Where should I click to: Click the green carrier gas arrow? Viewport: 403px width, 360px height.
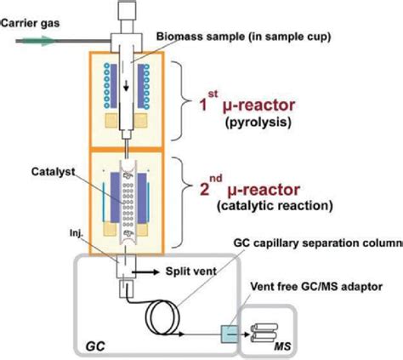click(39, 41)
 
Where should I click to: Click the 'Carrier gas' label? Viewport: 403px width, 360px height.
click(31, 23)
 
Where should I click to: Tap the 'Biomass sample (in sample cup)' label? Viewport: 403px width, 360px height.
click(244, 37)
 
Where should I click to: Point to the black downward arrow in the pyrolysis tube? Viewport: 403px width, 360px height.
click(127, 86)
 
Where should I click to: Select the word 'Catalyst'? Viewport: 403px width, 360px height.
click(53, 171)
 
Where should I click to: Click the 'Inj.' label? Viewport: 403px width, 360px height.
click(76, 233)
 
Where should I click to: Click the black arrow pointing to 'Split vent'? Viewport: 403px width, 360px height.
click(145, 272)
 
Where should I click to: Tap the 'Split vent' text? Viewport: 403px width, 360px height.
click(191, 271)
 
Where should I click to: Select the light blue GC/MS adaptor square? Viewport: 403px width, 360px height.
click(230, 334)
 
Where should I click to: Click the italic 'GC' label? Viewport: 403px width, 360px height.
click(95, 346)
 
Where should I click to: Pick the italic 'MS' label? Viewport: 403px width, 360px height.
click(282, 346)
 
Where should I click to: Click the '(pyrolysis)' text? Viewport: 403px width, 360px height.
click(258, 123)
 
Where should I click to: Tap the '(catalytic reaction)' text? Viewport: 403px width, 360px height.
click(275, 206)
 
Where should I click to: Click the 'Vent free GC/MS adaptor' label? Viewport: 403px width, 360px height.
click(316, 287)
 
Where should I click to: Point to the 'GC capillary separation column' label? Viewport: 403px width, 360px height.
click(318, 243)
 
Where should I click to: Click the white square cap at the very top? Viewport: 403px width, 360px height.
click(127, 9)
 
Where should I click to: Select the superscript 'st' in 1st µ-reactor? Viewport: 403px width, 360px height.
click(213, 94)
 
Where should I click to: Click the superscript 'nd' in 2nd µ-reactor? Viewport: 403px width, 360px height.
click(216, 180)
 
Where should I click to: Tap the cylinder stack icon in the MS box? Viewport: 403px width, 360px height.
click(264, 333)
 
